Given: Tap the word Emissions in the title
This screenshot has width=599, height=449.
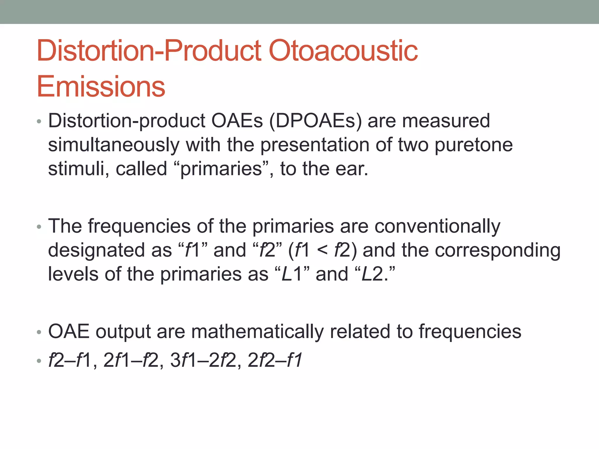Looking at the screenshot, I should coord(101,87).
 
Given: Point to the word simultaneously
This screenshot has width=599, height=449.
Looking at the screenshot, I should coord(114,145).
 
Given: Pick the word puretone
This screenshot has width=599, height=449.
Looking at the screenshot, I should coord(474,145).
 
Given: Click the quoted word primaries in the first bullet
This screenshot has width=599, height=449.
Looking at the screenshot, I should coord(221,169).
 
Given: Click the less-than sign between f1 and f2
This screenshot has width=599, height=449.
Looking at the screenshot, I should coord(322,251).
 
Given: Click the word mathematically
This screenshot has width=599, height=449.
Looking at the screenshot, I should coord(257,331).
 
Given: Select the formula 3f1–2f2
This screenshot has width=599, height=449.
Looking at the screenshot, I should coord(203,360).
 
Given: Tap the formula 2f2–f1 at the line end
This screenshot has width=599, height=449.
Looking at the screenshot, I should coord(275,360).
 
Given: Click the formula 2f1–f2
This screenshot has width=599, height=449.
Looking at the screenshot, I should coord(131,360).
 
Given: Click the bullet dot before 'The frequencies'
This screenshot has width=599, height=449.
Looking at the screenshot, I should coord(39,227).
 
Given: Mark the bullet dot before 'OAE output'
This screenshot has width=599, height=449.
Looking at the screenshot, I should coord(39,332).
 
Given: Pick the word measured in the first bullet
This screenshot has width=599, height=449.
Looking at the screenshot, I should coord(446,121).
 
